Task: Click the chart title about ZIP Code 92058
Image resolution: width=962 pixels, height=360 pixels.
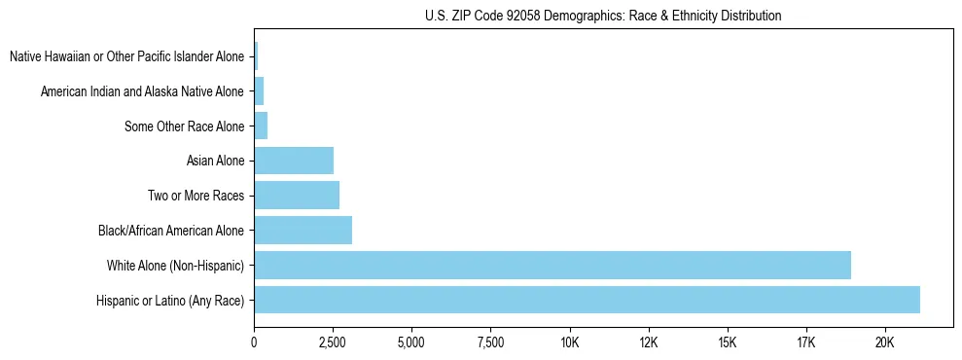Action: (603, 16)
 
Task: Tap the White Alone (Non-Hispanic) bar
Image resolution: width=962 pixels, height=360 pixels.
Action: (552, 265)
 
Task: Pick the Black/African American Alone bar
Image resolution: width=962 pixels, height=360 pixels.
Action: (303, 231)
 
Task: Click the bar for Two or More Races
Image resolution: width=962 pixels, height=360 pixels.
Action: (297, 196)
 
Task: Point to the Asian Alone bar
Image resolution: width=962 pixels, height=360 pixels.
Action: (294, 161)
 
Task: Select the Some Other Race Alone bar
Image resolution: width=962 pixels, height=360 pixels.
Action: (261, 126)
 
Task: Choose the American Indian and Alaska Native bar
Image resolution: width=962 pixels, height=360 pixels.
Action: (259, 91)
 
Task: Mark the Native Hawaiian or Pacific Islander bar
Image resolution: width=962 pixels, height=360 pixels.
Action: (256, 56)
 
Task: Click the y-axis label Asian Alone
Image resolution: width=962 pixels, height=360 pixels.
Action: (215, 162)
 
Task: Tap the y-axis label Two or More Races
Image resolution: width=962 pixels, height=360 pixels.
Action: (196, 196)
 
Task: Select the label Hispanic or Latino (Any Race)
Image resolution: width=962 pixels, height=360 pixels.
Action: (170, 301)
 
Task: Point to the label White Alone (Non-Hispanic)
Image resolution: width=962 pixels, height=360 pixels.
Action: (176, 266)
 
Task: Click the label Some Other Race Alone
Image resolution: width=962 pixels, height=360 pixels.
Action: (185, 126)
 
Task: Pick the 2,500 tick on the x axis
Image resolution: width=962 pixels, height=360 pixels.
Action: (333, 343)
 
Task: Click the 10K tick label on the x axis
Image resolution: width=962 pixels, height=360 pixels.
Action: (570, 343)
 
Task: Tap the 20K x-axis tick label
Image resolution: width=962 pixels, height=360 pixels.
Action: (885, 343)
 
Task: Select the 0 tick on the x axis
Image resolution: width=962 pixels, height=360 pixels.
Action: (254, 343)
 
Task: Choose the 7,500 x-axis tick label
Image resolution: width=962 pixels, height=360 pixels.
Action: (490, 343)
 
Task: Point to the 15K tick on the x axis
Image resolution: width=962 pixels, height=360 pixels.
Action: (728, 343)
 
